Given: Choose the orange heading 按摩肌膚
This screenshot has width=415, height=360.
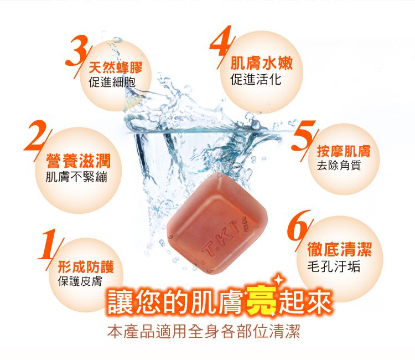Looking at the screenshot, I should click(344, 152).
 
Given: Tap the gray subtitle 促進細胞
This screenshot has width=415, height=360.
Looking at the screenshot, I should click(111, 83).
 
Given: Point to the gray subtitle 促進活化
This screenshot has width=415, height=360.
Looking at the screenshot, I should click(256, 80).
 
